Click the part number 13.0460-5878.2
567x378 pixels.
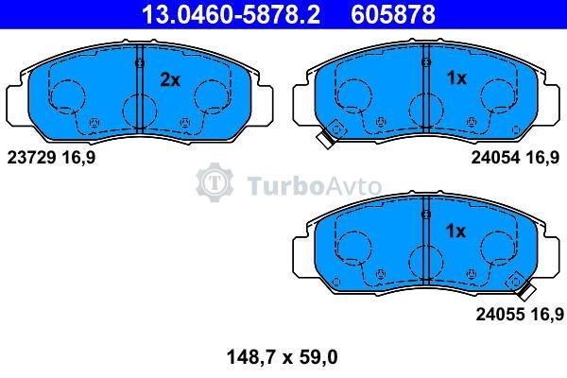231,14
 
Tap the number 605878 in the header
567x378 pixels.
393,14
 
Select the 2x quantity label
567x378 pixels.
170,79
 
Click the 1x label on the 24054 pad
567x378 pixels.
456,77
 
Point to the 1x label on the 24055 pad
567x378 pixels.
456,231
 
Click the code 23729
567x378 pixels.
31,158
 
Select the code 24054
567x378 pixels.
495,158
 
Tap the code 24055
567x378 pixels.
500,314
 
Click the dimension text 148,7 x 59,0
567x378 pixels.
282,357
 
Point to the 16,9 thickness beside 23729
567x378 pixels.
78,158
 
